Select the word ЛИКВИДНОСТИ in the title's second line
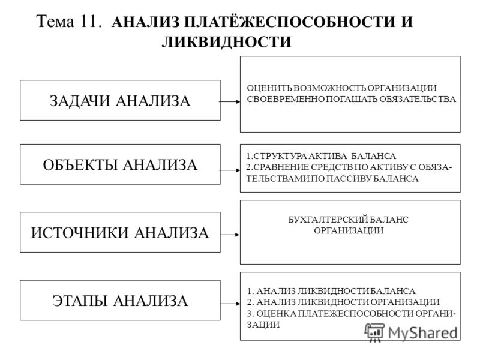[x=226, y=42]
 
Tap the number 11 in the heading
[x=90, y=22]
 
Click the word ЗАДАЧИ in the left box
[x=80, y=101]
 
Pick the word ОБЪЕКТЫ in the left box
[x=80, y=165]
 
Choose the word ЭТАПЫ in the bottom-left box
[x=80, y=301]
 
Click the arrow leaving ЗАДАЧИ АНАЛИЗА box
[x=230, y=101]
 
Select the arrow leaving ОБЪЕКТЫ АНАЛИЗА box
[x=230, y=170]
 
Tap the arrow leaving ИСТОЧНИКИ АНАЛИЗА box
[x=230, y=235]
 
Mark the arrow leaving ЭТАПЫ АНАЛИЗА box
[x=230, y=304]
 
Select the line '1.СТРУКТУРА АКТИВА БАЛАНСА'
[x=321, y=156]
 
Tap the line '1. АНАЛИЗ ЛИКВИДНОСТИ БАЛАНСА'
[x=331, y=291]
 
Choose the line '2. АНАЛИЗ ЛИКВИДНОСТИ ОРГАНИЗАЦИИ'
[x=343, y=302]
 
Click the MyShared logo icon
[x=374, y=332]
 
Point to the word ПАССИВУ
[x=349, y=178]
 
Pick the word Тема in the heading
[x=55, y=22]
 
